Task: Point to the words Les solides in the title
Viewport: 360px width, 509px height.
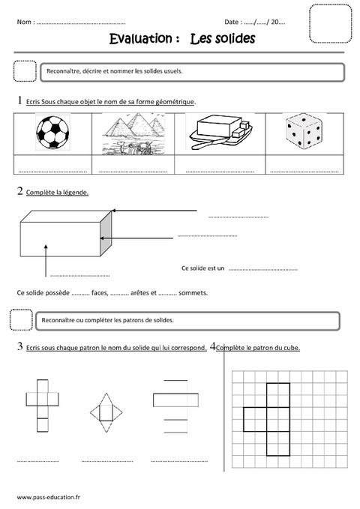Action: tap(223, 38)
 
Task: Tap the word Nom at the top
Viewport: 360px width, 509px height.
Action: tap(25, 22)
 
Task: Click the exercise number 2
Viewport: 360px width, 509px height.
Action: tap(19, 192)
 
